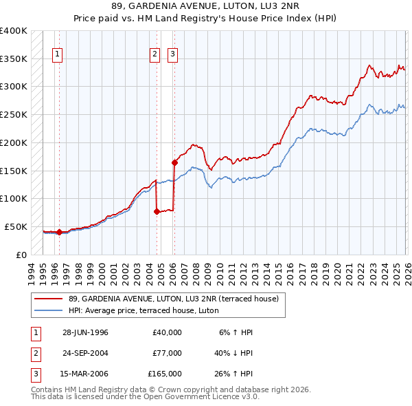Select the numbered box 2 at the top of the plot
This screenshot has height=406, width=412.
coord(155,54)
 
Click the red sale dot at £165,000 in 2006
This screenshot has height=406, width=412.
coord(174,163)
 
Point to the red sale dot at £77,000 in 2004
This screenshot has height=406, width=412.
coord(157,212)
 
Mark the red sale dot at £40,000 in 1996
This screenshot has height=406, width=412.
coord(60,233)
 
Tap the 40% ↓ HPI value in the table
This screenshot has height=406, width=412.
coord(233,353)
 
